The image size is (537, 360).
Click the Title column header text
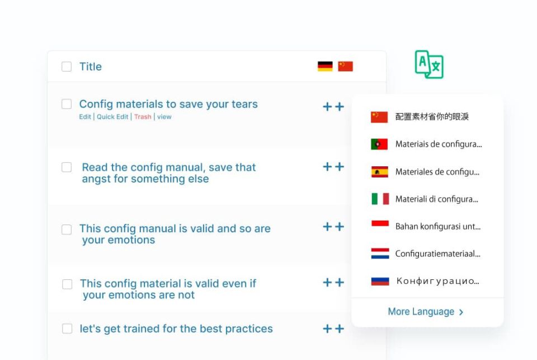(x=91, y=67)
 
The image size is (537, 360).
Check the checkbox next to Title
(x=67, y=67)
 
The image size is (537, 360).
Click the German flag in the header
(x=325, y=66)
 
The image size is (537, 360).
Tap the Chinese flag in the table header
(x=345, y=66)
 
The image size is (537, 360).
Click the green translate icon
(x=429, y=64)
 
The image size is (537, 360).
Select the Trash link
(x=143, y=117)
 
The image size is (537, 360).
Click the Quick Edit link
(x=112, y=117)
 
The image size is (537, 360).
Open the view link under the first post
(x=164, y=117)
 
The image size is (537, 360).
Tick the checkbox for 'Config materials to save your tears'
(x=67, y=104)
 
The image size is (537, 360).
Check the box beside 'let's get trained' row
(x=67, y=329)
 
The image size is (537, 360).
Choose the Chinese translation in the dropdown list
(x=432, y=117)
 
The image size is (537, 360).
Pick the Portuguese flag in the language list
(x=379, y=144)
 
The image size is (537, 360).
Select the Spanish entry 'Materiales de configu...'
(x=437, y=172)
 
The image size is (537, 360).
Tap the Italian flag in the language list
(x=380, y=199)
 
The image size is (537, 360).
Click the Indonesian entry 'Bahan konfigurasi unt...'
(x=438, y=226)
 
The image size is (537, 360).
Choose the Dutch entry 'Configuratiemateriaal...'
(x=437, y=254)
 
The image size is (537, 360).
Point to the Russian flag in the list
(x=380, y=281)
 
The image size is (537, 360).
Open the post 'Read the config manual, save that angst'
(x=169, y=173)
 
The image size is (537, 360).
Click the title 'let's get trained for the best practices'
(x=176, y=329)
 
